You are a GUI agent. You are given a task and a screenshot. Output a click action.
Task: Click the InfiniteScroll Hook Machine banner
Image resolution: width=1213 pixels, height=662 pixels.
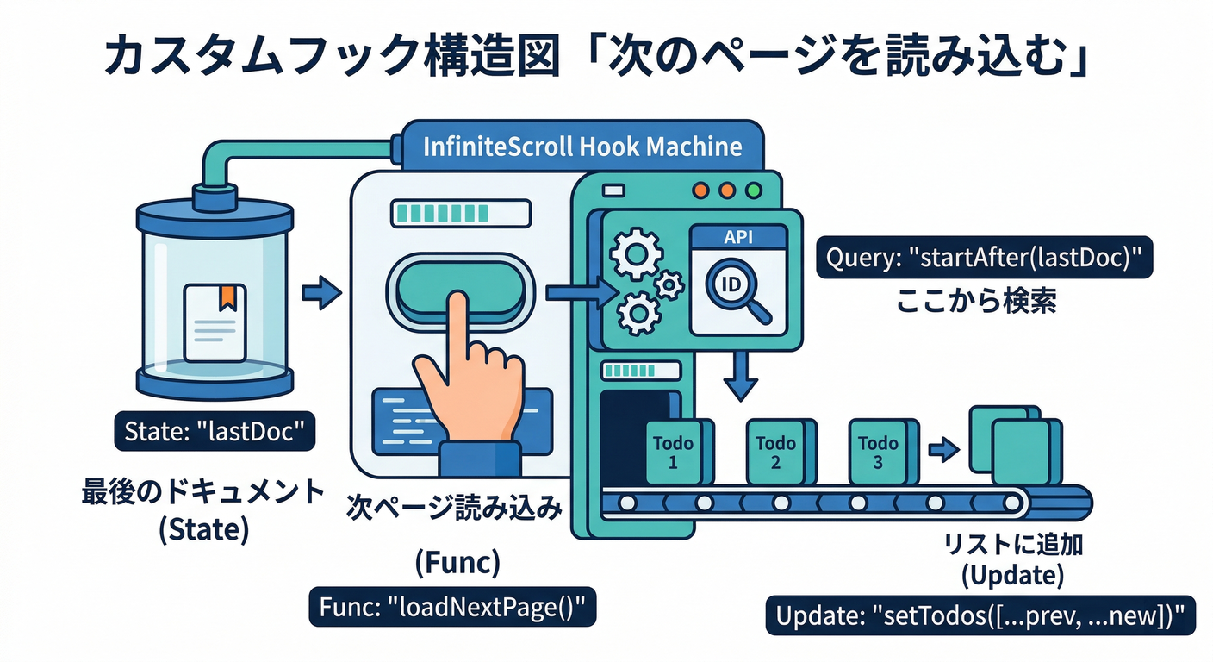coord(582,146)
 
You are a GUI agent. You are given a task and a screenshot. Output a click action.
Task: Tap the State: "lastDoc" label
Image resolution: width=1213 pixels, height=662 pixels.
coord(215,430)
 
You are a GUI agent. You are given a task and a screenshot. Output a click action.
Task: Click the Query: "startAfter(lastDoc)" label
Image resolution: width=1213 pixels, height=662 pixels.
coord(984,258)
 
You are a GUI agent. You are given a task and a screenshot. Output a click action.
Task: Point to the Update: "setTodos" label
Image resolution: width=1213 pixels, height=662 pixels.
coord(980,616)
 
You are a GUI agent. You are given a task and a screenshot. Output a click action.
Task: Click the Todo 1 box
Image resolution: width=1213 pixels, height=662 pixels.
coord(673,452)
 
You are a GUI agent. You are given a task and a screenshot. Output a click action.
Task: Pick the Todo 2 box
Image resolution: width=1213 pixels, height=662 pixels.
coord(774,452)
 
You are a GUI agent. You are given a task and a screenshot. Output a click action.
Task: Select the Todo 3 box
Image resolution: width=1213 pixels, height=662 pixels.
coord(877,452)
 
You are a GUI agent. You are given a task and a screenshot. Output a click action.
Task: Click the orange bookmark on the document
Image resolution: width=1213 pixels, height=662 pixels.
coord(227,296)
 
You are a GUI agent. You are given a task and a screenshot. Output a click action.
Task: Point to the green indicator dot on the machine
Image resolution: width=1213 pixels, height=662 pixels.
coord(755,190)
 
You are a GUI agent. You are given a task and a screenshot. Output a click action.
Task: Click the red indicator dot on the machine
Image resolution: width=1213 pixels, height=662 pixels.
coord(700,190)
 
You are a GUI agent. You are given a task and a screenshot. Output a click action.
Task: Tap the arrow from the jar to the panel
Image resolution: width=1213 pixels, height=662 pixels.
coord(321,293)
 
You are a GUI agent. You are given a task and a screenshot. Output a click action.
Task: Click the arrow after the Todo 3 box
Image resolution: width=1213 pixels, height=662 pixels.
coord(944,448)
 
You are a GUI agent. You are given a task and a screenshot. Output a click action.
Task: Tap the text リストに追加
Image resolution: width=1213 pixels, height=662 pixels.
coord(1013,546)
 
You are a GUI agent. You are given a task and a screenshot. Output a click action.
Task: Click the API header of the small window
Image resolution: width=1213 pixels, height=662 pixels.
coord(738,237)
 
